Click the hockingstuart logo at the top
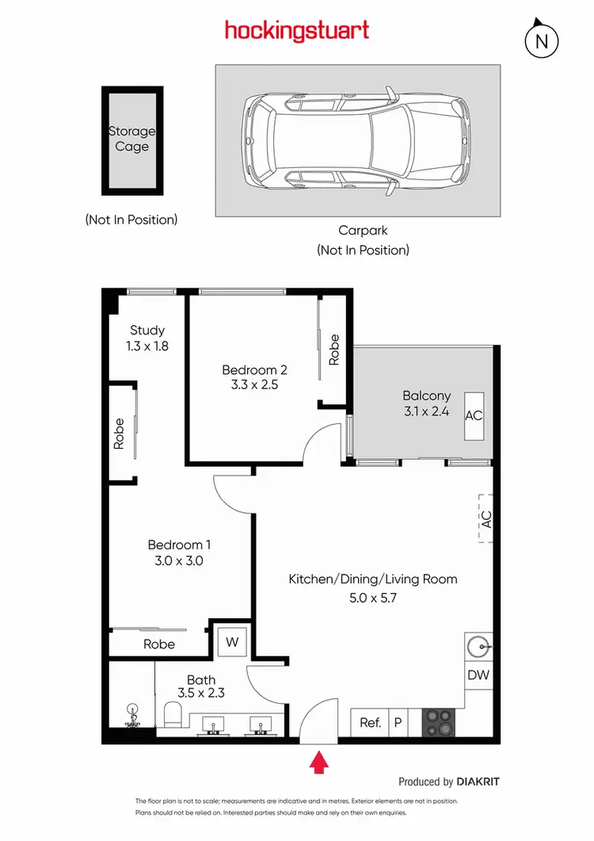click(x=297, y=31)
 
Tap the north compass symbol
click(x=543, y=40)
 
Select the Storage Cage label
click(x=132, y=139)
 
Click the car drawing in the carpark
click(x=358, y=140)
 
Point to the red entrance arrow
click(x=318, y=763)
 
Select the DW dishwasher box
click(x=478, y=676)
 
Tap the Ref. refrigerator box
click(x=370, y=722)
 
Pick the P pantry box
click(x=398, y=722)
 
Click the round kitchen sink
click(x=478, y=644)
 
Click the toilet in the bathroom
click(x=173, y=716)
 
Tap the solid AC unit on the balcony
click(x=474, y=415)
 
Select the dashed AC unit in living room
click(x=486, y=518)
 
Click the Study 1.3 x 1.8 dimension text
click(x=147, y=346)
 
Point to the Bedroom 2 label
click(x=254, y=369)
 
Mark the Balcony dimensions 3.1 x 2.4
click(x=426, y=411)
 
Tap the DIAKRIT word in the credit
click(x=478, y=782)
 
